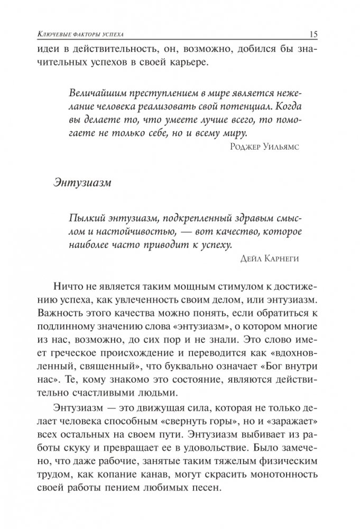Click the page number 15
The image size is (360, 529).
point(311,35)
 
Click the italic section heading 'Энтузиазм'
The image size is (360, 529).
point(82,183)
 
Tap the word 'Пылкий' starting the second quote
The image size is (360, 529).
point(84,219)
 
